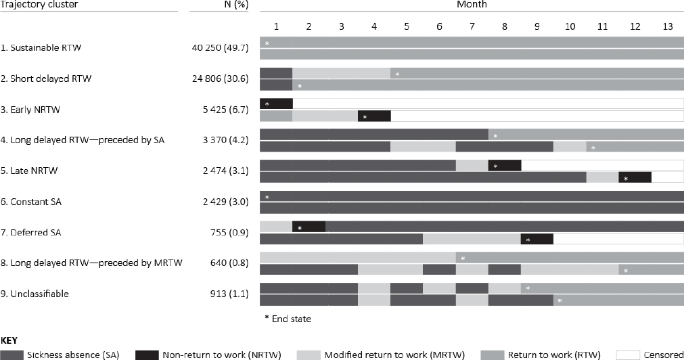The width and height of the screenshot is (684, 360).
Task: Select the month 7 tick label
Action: click(x=471, y=26)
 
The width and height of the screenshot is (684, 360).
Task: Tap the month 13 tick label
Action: click(x=667, y=26)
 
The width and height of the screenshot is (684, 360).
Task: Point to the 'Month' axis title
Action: click(x=471, y=4)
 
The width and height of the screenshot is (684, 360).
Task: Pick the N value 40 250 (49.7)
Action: click(x=221, y=48)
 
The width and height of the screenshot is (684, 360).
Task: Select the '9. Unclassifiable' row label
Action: click(x=35, y=294)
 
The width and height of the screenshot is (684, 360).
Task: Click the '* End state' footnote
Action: click(x=288, y=317)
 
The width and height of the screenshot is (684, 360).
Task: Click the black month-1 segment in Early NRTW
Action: click(x=276, y=104)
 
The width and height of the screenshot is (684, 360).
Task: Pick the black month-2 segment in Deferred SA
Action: click(x=309, y=227)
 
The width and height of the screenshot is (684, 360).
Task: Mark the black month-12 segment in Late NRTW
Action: click(x=635, y=177)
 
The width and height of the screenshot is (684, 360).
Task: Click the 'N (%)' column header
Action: click(x=220, y=4)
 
